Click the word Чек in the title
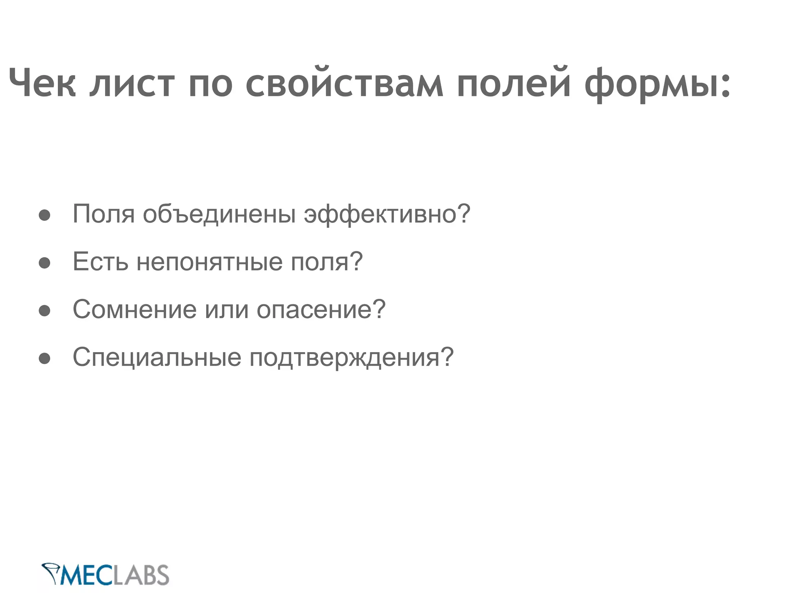pyautogui.click(x=42, y=83)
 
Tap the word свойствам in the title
pyautogui.click(x=344, y=83)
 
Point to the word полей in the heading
pyautogui.click(x=513, y=83)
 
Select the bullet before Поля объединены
pyautogui.click(x=44, y=215)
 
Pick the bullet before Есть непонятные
pyautogui.click(x=44, y=263)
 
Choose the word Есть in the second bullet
pyautogui.click(x=100, y=261)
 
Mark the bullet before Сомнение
pyautogui.click(x=44, y=310)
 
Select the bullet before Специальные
pyautogui.click(x=44, y=358)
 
